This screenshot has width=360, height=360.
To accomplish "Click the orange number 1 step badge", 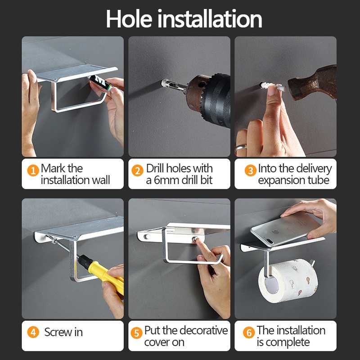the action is point(33,171).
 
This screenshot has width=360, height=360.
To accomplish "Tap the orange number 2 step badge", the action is point(137,171).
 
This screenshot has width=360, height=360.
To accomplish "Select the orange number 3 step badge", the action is point(251,171).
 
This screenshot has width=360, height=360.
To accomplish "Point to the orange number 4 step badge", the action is point(33,332).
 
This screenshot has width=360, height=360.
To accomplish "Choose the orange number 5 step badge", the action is point(137,333).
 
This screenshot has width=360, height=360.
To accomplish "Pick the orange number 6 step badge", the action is point(249,333).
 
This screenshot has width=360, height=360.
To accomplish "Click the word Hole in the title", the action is point(129,19).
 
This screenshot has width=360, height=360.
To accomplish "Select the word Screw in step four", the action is point(58,332).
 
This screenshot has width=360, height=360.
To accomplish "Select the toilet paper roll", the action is point(289,280).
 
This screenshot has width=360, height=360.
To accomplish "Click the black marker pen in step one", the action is point(101,83).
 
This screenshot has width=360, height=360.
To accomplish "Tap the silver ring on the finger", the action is point(241,147).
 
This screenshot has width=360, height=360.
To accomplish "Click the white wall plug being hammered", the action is point(273,87).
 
